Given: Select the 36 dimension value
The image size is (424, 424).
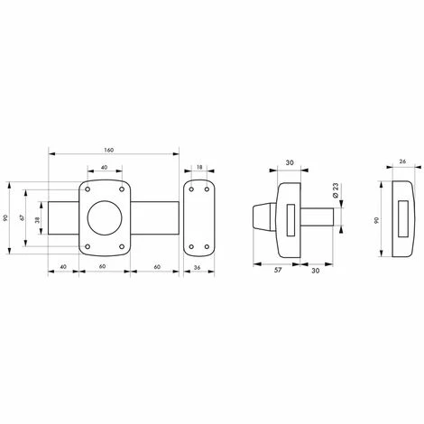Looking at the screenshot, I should point(198,268).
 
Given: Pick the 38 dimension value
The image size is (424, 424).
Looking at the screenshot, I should point(38,218).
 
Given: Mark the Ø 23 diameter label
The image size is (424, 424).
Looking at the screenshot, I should point(334,190).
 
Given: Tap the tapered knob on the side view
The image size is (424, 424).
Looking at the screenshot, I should point(258,219).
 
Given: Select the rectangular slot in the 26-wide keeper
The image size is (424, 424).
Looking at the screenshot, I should point(402,219).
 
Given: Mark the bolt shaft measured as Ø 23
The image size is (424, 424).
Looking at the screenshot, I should point(319,219).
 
